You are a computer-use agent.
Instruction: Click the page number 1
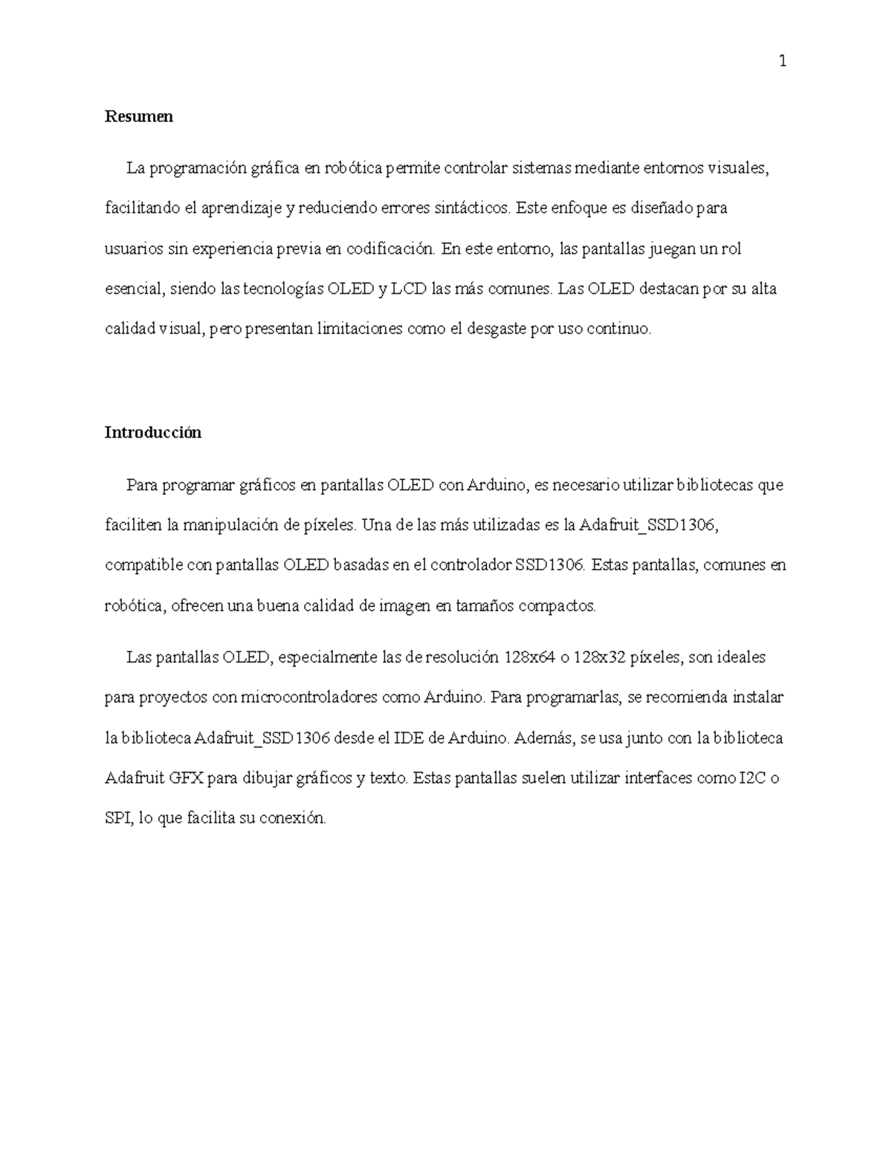pos(782,62)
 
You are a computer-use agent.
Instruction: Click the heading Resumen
pos(139,116)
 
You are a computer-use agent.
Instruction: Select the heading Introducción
pos(153,432)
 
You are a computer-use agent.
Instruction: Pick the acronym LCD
pos(409,289)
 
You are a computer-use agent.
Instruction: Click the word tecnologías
pos(280,289)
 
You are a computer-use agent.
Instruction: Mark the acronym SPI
pos(118,819)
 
